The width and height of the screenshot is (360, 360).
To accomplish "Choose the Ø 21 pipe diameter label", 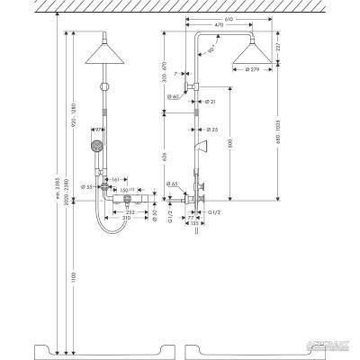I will tap(208, 102).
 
